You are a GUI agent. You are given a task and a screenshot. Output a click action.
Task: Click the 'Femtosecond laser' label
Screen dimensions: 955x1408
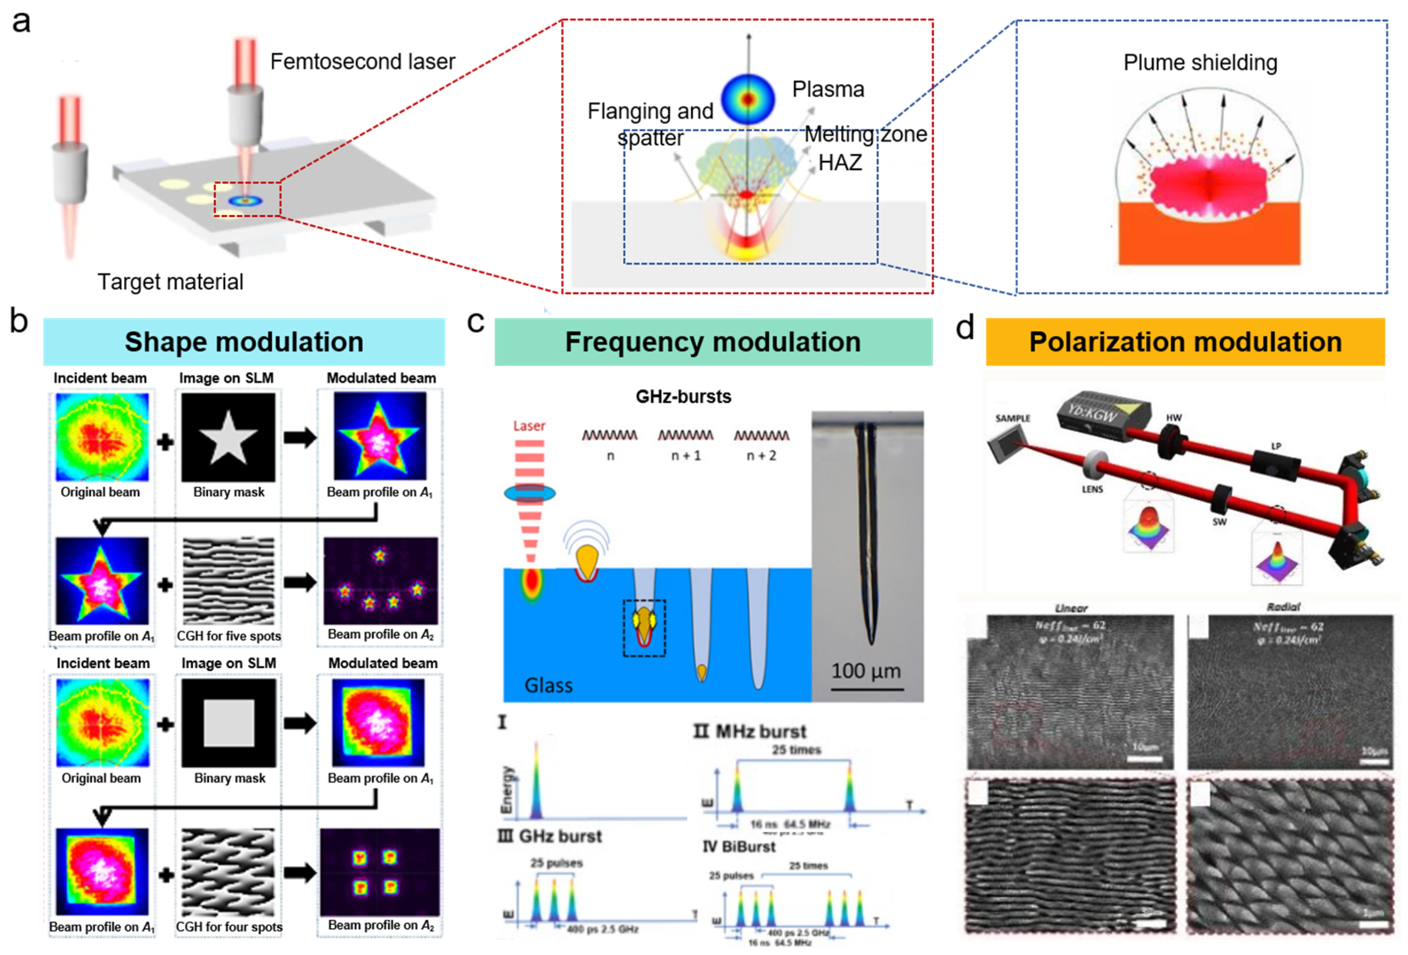(362, 62)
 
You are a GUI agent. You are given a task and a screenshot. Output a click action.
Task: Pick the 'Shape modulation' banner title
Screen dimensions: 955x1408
(244, 342)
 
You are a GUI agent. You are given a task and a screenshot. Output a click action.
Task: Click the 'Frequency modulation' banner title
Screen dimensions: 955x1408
(712, 342)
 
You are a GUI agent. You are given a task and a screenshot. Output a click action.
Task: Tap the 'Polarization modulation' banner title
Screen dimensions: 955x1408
(1185, 342)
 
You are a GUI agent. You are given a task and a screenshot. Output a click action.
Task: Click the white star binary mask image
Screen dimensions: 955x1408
(228, 436)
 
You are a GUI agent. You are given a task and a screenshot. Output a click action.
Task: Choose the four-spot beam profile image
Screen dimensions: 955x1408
(380, 871)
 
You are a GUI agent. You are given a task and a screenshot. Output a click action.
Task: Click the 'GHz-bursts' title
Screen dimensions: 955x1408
(683, 396)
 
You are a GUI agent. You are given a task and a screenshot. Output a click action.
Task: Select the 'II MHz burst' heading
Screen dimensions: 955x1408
(750, 731)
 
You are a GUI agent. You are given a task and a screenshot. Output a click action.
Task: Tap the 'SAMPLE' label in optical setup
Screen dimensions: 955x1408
(1013, 418)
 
